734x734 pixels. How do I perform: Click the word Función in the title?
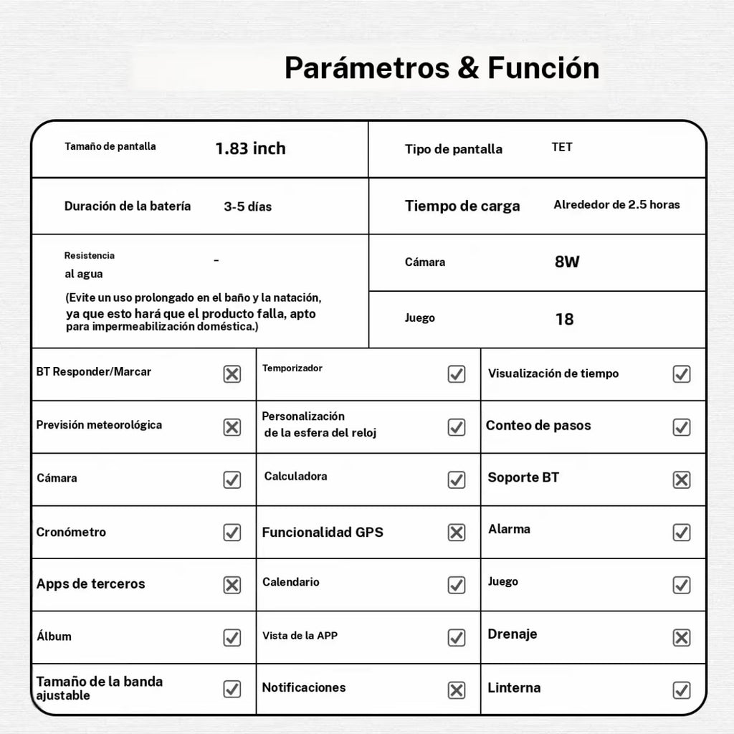pyautogui.click(x=543, y=68)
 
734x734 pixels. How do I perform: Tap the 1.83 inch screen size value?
pyautogui.click(x=250, y=148)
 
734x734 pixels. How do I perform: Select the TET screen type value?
pyautogui.click(x=562, y=147)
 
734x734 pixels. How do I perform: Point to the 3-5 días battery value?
pyautogui.click(x=247, y=206)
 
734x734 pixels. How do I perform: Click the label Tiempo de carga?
pyautogui.click(x=462, y=206)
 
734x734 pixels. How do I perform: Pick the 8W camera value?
pyautogui.click(x=567, y=262)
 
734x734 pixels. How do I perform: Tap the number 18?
pyautogui.click(x=564, y=319)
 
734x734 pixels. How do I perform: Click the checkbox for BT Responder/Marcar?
pyautogui.click(x=232, y=374)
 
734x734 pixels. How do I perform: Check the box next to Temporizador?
pyautogui.click(x=457, y=374)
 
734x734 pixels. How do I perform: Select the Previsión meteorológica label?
pyautogui.click(x=99, y=425)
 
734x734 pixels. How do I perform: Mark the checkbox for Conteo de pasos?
pyautogui.click(x=682, y=427)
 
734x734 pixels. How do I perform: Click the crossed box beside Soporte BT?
pyautogui.click(x=682, y=480)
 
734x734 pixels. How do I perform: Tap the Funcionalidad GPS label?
pyautogui.click(x=323, y=532)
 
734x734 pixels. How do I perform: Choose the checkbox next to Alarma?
pyautogui.click(x=682, y=533)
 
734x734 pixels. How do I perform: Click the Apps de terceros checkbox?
pyautogui.click(x=232, y=585)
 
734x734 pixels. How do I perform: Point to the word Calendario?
pyautogui.click(x=291, y=582)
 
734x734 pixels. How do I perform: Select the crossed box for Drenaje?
pyautogui.click(x=682, y=637)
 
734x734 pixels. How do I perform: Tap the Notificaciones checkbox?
pyautogui.click(x=457, y=690)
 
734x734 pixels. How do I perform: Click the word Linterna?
pyautogui.click(x=514, y=688)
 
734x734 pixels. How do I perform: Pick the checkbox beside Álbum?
pyautogui.click(x=232, y=637)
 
